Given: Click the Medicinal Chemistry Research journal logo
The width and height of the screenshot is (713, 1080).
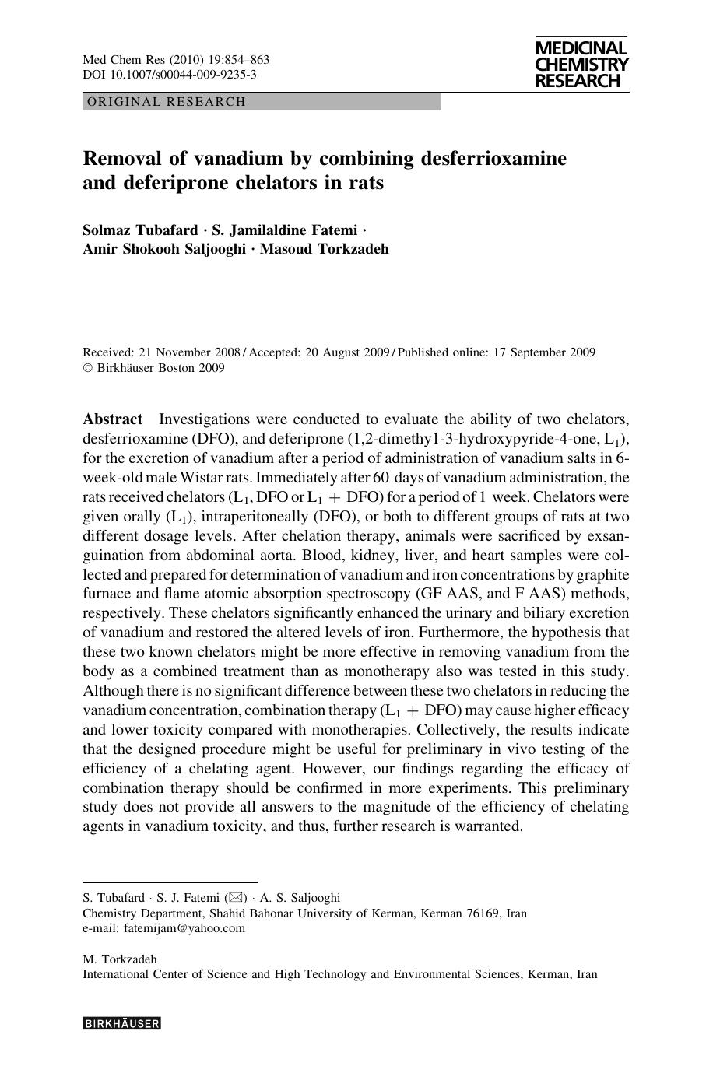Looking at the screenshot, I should point(581,65).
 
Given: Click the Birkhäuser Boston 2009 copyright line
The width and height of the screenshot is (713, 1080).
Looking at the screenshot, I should point(160,368).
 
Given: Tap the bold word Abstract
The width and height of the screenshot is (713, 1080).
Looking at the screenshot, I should point(113,419).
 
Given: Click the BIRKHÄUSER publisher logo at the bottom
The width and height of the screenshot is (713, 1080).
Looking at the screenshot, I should point(121,1024).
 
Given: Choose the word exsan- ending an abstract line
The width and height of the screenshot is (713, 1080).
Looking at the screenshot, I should point(608,536).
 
